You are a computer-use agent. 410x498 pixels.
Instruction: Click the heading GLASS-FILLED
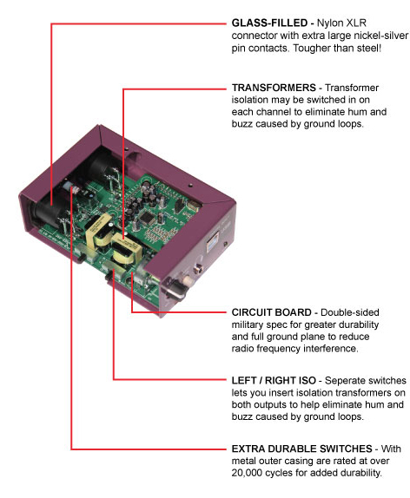pyautogui.click(x=269, y=23)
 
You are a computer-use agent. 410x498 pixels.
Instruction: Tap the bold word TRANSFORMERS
pyautogui.click(x=274, y=88)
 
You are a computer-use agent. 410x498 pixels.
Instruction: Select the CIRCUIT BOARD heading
pyautogui.click(x=271, y=312)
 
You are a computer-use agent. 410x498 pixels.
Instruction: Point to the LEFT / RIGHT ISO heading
pyautogui.click(x=274, y=381)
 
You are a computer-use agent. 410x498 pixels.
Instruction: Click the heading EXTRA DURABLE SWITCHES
pyautogui.click(x=301, y=449)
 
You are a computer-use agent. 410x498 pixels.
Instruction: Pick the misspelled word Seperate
pyautogui.click(x=345, y=381)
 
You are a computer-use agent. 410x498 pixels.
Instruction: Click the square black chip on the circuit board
pyautogui.click(x=146, y=218)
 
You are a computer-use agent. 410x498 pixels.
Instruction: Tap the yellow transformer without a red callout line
pyautogui.click(x=98, y=232)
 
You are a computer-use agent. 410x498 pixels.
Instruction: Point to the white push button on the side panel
pyautogui.click(x=188, y=281)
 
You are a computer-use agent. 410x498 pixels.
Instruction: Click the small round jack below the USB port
pyautogui.click(x=200, y=269)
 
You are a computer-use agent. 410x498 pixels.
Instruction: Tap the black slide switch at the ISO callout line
pyautogui.click(x=111, y=274)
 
